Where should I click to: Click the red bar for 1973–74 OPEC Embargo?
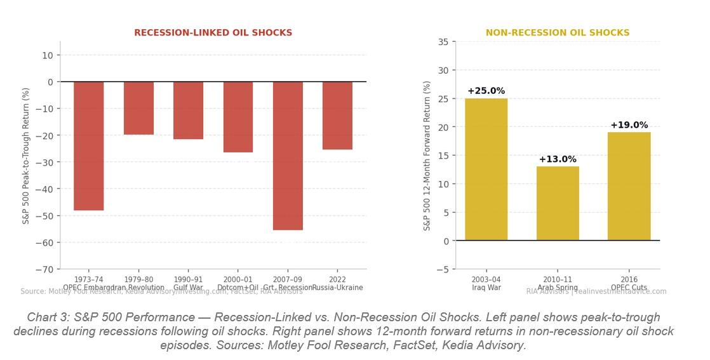tap(88, 146)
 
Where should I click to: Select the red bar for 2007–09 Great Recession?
tap(288, 156)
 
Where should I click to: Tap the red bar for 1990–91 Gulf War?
tap(188, 110)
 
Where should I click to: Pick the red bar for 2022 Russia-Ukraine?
tap(337, 116)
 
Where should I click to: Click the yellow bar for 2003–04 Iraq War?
tap(486, 170)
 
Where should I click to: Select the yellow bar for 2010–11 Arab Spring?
tap(558, 203)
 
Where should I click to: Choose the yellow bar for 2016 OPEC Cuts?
tap(629, 186)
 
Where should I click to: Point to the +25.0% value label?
tap(486, 91)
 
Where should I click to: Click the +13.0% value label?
tap(558, 159)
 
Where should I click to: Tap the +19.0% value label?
tap(629, 125)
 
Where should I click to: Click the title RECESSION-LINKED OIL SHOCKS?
tap(213, 33)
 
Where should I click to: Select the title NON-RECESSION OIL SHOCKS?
tap(558, 33)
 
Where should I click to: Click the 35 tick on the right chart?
tap(443, 42)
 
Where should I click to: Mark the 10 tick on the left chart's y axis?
tap(48, 55)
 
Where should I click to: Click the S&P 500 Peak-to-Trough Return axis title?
tap(26, 156)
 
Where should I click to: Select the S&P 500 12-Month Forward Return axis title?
tap(427, 156)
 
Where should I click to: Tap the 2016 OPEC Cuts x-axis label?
tap(629, 283)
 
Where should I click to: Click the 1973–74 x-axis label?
tap(88, 279)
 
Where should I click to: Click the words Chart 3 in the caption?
tap(47, 317)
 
